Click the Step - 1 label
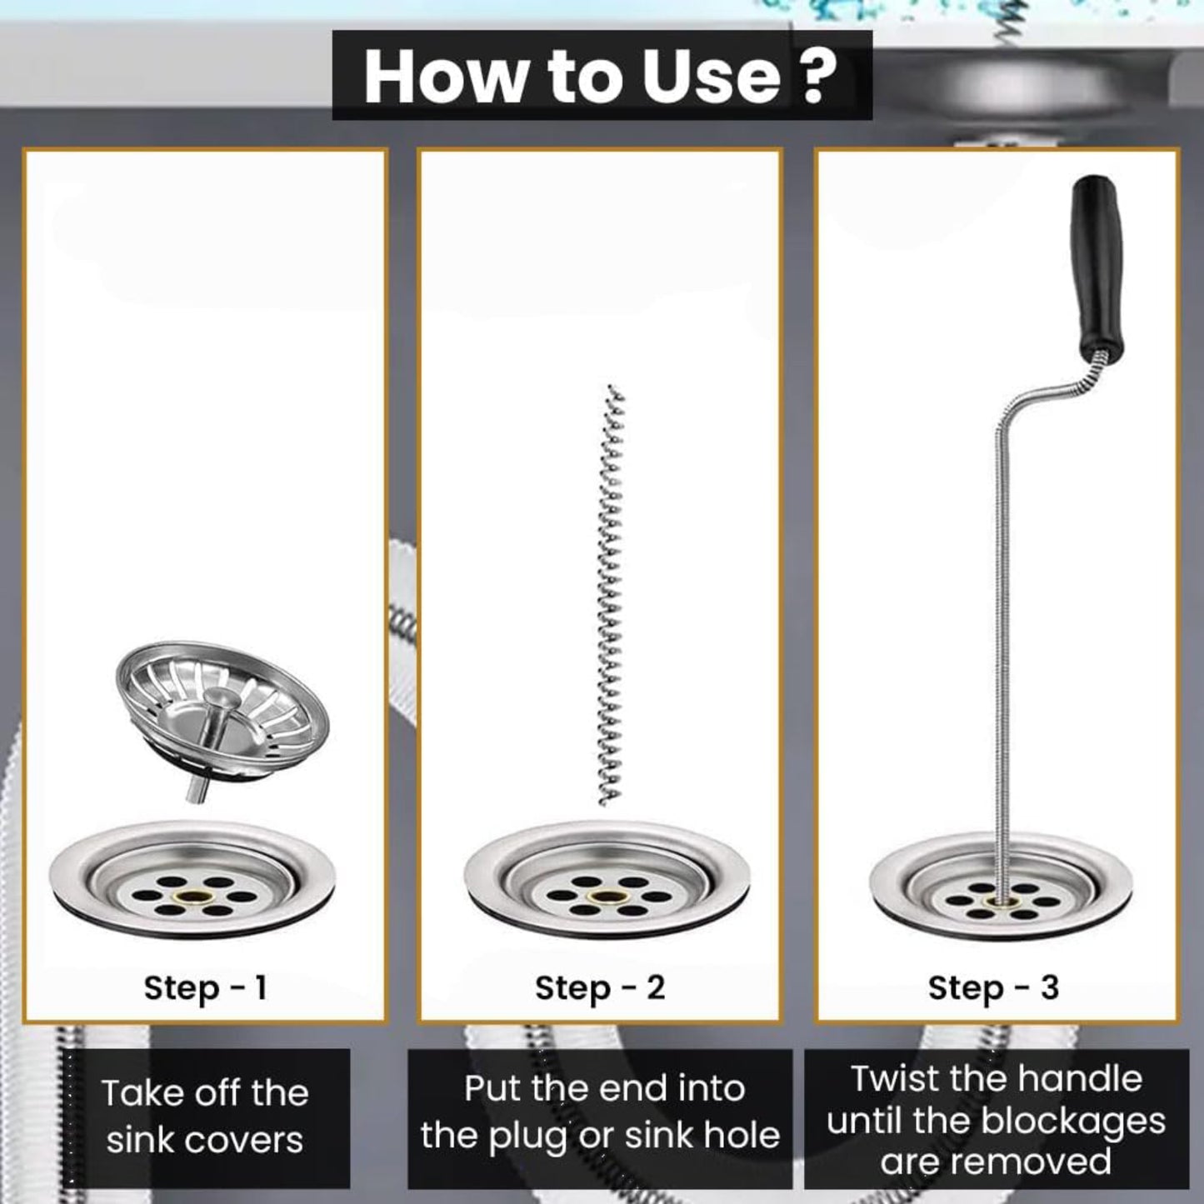(x=205, y=988)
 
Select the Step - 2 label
(x=600, y=988)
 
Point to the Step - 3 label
(x=993, y=988)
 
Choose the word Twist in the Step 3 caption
(x=894, y=1079)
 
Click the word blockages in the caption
(x=1073, y=1121)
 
